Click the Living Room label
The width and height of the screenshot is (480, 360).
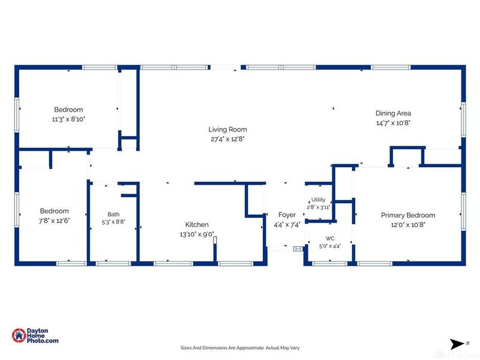coord(227,130)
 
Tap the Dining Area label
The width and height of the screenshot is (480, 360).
coord(393,113)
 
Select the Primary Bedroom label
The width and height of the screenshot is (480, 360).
coord(408,215)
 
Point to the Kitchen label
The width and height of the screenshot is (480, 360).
coord(197,224)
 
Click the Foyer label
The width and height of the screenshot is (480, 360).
coord(287,215)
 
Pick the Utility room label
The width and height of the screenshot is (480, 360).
coord(319,200)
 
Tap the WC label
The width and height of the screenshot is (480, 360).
coord(329,238)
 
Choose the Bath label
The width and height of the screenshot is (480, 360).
coord(113,214)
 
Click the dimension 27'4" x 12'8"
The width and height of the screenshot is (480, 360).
coord(227,139)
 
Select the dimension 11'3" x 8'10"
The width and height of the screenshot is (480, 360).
coord(68,119)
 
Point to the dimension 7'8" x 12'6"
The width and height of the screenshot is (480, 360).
coord(54,221)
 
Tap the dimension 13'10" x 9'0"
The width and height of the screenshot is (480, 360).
coord(197,235)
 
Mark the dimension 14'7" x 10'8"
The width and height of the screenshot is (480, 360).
coord(393,123)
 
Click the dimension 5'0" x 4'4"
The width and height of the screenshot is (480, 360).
coord(329,246)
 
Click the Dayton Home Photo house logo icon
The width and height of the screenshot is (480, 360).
coord(19,335)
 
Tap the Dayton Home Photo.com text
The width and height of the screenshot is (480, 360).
coord(42,335)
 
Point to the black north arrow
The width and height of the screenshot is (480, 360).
coord(457,344)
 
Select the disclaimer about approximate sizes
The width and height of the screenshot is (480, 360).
coord(240,348)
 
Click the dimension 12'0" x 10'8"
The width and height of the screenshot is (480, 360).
coord(408,224)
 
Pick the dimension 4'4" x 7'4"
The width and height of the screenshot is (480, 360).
coord(287,225)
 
